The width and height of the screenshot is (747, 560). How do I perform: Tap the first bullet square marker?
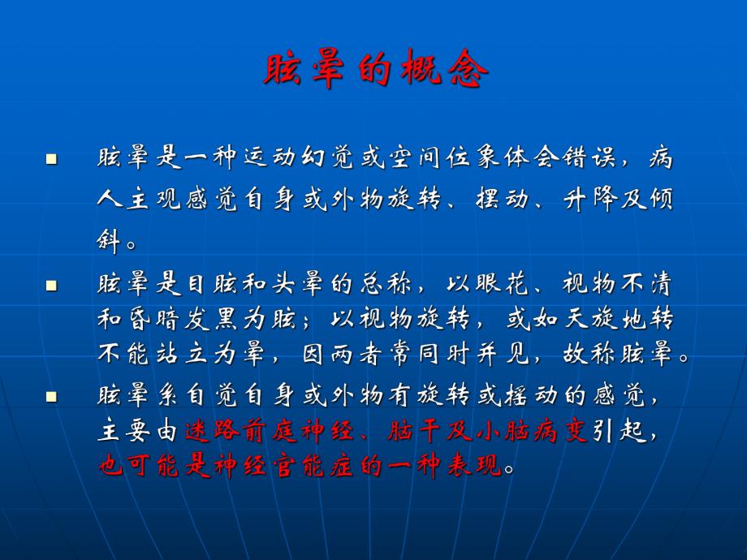point(52,159)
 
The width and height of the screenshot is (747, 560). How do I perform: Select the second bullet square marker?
point(52,285)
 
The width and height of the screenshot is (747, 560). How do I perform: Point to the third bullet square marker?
point(52,398)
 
